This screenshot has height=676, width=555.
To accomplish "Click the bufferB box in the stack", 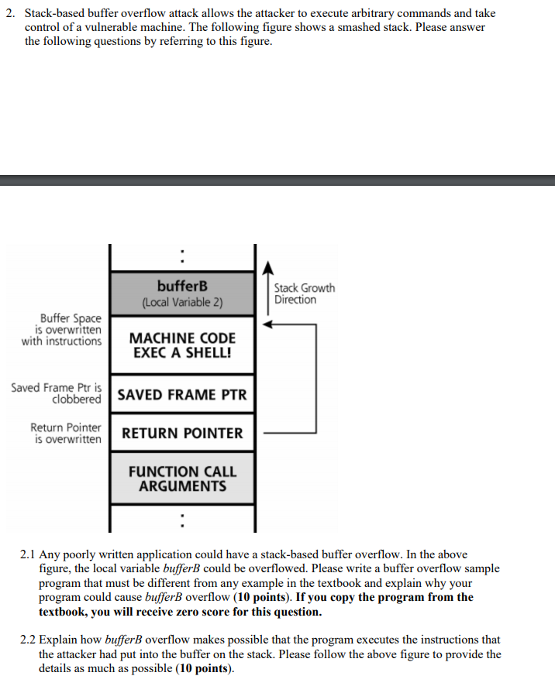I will [x=182, y=293].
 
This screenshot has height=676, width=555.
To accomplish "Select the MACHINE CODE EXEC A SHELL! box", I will [x=182, y=345].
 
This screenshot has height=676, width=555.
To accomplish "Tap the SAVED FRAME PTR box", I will [x=182, y=395].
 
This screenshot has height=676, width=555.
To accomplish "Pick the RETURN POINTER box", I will [x=182, y=434].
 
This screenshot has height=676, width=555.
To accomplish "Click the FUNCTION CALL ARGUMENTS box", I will [x=182, y=479].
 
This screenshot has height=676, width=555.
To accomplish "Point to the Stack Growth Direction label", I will [x=304, y=293].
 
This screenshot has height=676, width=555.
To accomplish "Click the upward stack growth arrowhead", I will [x=268, y=268].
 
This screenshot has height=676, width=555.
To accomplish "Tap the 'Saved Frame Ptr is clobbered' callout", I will [x=57, y=393].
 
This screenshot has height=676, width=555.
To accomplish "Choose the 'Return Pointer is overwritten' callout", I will [x=66, y=434].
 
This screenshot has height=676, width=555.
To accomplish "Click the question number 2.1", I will [x=28, y=554].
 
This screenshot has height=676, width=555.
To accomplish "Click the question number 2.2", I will [x=28, y=640].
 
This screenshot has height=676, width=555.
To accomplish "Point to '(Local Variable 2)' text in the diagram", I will [x=182, y=303].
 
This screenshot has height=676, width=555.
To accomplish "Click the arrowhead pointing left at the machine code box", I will [x=267, y=325].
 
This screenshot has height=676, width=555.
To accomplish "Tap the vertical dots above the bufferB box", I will [x=182, y=255].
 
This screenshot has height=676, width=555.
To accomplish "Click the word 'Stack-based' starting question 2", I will [x=55, y=14].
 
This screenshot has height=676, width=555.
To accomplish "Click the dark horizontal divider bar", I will [x=277, y=180].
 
